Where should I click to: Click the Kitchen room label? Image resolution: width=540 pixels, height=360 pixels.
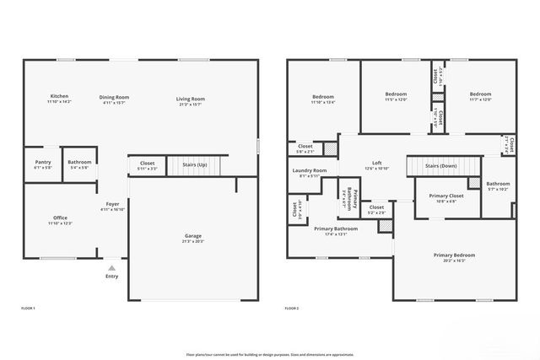(59, 97)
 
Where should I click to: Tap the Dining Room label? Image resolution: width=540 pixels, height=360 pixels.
(114, 97)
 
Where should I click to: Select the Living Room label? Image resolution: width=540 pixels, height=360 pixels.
(191, 99)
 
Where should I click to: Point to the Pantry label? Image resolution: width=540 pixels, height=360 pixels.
(43, 162)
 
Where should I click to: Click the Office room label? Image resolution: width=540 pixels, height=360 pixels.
(60, 218)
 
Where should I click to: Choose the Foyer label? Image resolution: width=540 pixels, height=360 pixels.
(112, 204)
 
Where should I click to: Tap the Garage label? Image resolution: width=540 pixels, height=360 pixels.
(193, 235)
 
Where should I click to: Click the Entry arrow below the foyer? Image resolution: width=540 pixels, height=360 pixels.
(112, 266)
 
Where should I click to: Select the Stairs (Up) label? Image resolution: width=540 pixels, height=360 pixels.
(195, 164)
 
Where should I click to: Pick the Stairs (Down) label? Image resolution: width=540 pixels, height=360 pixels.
(441, 166)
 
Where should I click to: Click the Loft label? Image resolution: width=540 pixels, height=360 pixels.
(377, 164)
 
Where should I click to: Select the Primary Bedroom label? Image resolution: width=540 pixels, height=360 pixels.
(454, 255)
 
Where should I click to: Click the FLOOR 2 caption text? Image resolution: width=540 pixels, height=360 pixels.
(291, 309)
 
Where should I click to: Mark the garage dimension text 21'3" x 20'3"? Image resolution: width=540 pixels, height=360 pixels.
(193, 241)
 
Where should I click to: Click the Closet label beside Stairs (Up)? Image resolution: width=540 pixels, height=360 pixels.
(147, 163)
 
